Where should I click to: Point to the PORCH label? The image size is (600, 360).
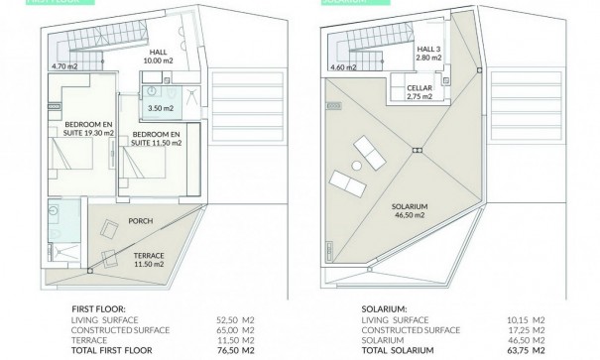[x=139, y=221]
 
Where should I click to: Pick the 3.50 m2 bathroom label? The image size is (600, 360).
[x=155, y=106]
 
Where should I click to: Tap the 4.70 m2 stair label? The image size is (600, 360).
[x=64, y=66]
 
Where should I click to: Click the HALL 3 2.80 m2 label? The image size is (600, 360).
[x=429, y=54]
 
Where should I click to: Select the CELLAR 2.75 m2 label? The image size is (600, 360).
[x=420, y=95]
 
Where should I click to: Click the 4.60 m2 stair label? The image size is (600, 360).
[x=342, y=67]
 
